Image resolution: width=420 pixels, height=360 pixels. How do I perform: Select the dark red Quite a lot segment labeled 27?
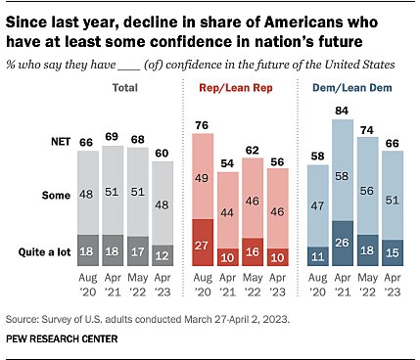[202, 245]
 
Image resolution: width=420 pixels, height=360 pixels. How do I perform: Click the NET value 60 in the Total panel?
[161, 153]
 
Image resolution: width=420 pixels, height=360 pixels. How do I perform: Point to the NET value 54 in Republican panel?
[228, 164]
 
